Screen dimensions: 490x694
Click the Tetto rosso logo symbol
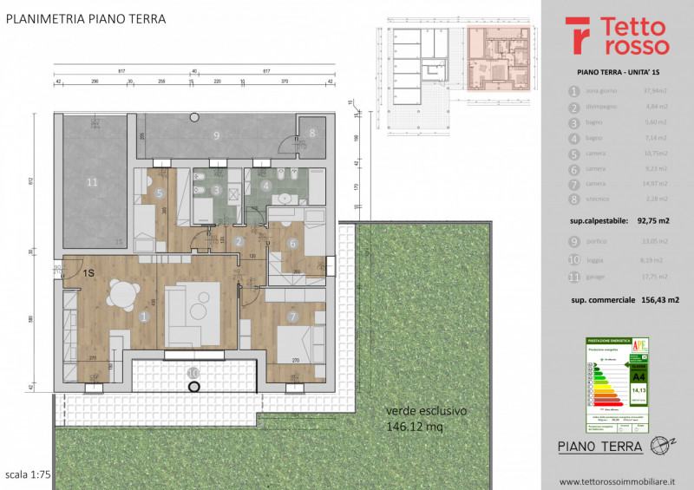click(579, 35)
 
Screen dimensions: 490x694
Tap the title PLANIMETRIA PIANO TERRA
click(82, 17)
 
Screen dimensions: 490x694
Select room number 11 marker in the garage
click(93, 182)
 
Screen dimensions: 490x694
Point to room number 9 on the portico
click(216, 135)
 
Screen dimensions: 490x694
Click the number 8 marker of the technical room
click(312, 134)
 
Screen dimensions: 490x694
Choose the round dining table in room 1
click(121, 296)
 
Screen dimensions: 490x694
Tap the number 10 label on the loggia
click(193, 372)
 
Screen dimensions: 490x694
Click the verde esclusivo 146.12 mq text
click(428, 418)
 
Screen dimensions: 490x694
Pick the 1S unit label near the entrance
click(88, 273)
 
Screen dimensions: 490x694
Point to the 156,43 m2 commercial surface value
click(655, 298)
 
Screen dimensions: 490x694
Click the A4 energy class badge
click(638, 376)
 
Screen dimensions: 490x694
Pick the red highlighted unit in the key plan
click(500, 58)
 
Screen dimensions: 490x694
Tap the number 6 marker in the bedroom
click(293, 244)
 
